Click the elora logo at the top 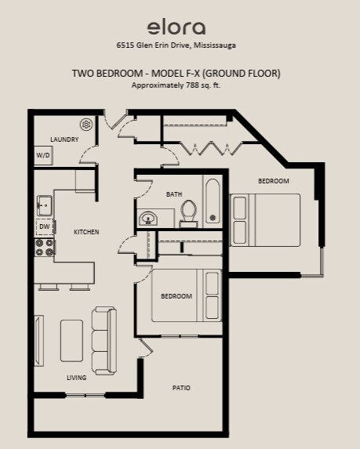[x=176, y=27]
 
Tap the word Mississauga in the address [x=215, y=45]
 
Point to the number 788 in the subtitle [x=191, y=85]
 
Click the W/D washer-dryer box [x=43, y=155]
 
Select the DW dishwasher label [x=45, y=226]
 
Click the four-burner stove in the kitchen [x=45, y=248]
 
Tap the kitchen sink [x=45, y=205]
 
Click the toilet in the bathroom [x=188, y=213]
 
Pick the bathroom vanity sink [x=148, y=219]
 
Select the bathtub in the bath [x=213, y=201]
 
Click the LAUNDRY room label [x=64, y=139]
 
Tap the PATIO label [x=181, y=388]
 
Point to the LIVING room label [x=77, y=378]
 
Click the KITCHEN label [x=86, y=232]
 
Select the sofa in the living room [x=104, y=341]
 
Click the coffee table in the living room [x=71, y=341]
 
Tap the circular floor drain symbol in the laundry [x=86, y=125]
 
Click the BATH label [x=174, y=194]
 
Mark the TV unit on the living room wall [x=39, y=341]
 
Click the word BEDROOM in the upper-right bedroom [x=274, y=181]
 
